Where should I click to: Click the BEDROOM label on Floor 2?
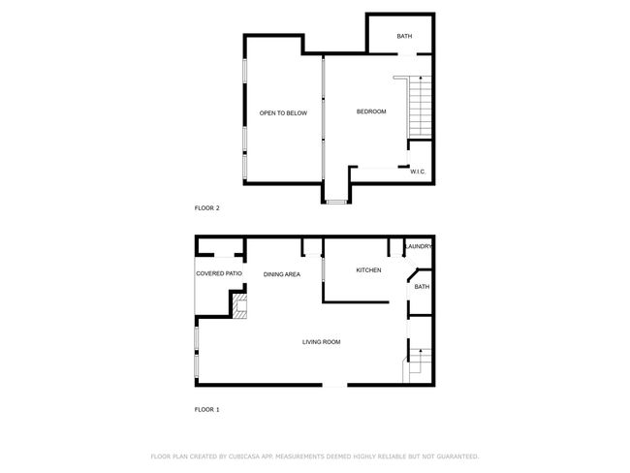[371, 111]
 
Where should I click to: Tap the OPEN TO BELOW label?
[283, 113]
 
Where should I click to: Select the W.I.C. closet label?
[418, 172]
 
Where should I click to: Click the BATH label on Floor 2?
[404, 36]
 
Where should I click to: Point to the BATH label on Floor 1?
[422, 287]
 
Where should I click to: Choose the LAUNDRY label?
[419, 246]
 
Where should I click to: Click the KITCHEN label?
[369, 270]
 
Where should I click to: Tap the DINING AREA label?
[282, 274]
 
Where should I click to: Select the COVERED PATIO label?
[219, 273]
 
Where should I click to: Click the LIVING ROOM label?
[322, 342]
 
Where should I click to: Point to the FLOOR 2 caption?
[206, 208]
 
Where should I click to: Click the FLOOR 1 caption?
[206, 409]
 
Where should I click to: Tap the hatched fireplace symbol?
[240, 306]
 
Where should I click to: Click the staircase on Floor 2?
[420, 107]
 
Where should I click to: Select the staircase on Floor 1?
[418, 365]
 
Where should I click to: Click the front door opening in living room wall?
[334, 386]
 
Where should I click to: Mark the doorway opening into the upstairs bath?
[407, 54]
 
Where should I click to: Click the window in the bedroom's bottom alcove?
[336, 202]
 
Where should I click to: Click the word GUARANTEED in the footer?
[458, 457]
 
